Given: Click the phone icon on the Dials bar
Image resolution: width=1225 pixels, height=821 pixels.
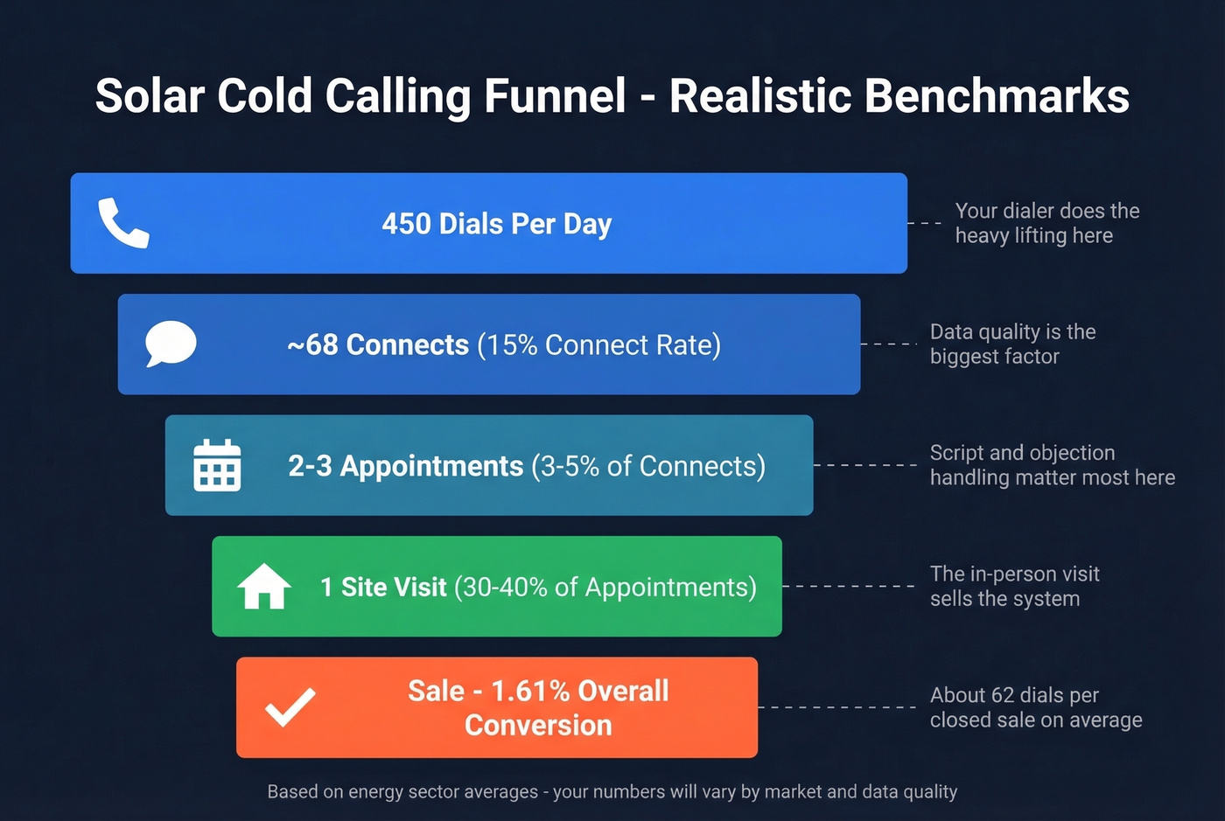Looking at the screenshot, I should coord(123,223).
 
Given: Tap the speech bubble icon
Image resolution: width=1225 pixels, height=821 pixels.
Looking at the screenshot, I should coord(171,344).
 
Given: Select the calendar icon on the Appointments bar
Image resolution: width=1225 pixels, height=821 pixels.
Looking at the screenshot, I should coord(217,465).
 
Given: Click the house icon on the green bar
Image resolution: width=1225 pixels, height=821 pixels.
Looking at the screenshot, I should coord(264,586).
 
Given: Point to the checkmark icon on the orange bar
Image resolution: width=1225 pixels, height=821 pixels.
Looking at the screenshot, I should coord(290,707).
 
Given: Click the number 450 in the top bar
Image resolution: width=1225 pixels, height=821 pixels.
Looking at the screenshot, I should coord(407,224).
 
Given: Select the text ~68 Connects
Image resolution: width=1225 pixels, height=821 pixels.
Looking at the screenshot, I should coord(378,344).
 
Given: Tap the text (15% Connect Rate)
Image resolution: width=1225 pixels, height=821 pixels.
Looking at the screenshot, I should coord(599,344).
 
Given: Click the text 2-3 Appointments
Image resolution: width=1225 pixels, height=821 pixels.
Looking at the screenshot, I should coord(405,466).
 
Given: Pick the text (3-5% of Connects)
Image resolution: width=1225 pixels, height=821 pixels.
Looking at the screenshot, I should coord(648,466).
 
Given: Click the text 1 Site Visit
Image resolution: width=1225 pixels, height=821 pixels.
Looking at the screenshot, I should coord(383,587).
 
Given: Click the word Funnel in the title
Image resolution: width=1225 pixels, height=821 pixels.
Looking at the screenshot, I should coord(555,96).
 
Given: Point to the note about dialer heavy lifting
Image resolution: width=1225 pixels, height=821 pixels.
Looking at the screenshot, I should coord(1046,223).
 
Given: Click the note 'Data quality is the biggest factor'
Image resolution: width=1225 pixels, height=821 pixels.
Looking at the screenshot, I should coord(1012,344).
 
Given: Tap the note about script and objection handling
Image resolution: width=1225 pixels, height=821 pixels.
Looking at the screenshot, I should coord(1052,465).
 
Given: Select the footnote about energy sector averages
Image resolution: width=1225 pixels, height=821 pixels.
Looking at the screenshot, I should coord(612,791).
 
